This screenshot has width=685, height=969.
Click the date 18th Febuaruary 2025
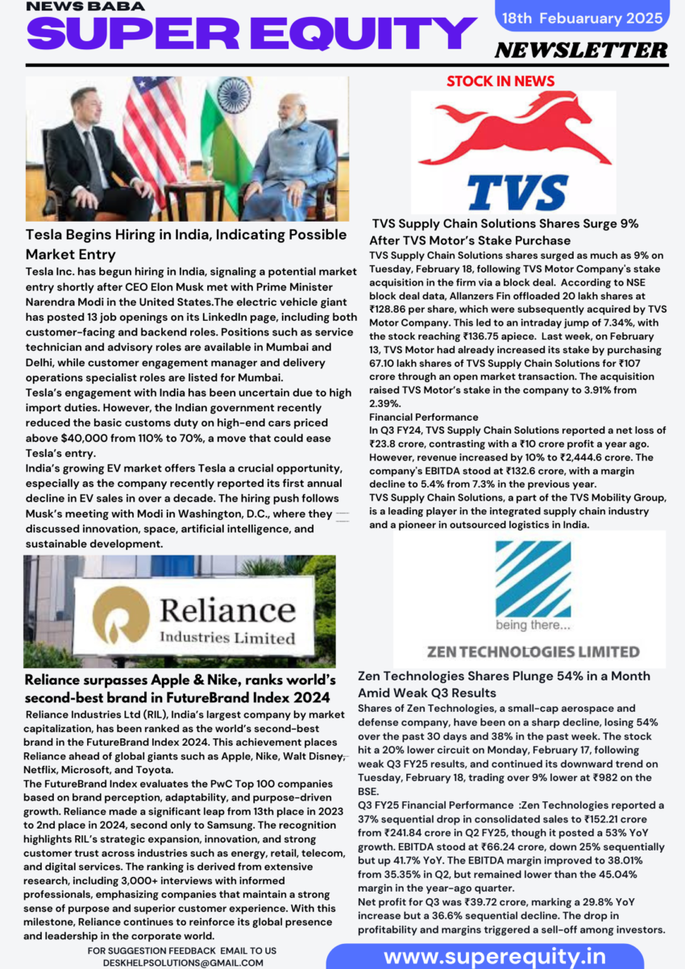pos(582,17)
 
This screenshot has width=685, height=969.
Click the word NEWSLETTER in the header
pos(581,50)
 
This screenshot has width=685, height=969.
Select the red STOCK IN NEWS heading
pos(500,81)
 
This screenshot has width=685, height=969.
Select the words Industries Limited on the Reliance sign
pos(228,638)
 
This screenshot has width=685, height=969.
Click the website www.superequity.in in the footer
pos(495,956)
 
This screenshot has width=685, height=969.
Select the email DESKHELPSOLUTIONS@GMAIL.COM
pos(181,962)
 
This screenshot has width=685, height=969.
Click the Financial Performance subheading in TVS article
pos(424,417)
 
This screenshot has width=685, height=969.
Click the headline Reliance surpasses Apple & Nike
pos(180,688)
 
